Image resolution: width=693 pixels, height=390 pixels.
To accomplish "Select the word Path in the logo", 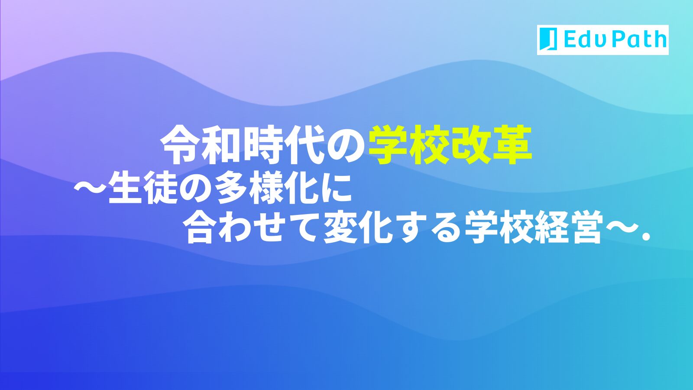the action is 638,39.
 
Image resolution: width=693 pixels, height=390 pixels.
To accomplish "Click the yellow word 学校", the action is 409,145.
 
